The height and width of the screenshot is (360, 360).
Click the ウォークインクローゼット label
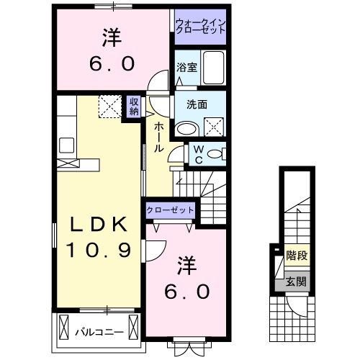[x=201, y=27]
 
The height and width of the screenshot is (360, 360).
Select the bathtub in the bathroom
[x=213, y=68]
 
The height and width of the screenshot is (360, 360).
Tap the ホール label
[x=158, y=137]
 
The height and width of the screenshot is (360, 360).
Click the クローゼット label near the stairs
[x=170, y=210]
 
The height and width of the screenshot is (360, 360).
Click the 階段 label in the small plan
[x=294, y=254]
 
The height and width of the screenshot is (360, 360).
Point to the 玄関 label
[x=294, y=282]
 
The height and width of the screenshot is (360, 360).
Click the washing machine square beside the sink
[x=214, y=128]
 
